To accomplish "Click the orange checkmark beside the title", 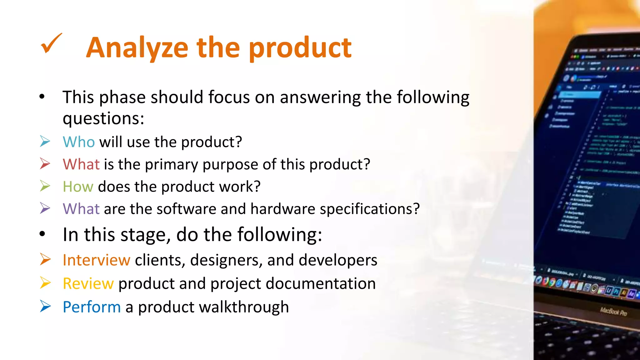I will point(51,43).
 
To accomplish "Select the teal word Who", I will point(78,142).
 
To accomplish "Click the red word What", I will point(81,164).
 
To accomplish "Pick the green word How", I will point(78,187).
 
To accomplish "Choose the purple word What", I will point(81,209).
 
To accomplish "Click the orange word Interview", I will point(96,260).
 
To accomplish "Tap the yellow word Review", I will point(88,284).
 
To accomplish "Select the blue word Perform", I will point(92,307).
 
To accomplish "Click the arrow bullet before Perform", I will point(45,306).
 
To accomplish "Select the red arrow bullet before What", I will point(45,164).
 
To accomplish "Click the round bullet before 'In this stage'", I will point(42,234).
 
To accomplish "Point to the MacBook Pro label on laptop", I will point(613,312).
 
